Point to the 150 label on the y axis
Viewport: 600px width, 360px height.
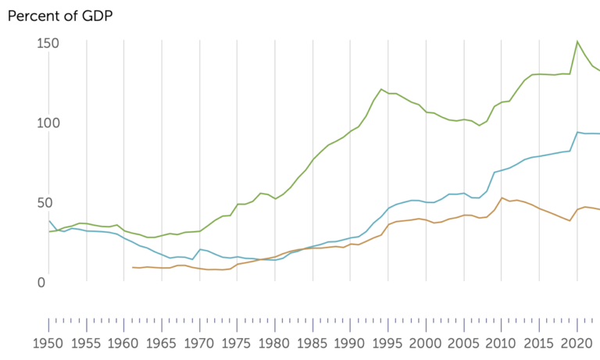(x=49, y=43)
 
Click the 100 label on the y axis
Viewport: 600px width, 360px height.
(x=49, y=123)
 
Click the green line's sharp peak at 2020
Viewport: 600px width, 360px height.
(x=577, y=41)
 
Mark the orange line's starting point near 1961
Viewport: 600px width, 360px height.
(x=133, y=268)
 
